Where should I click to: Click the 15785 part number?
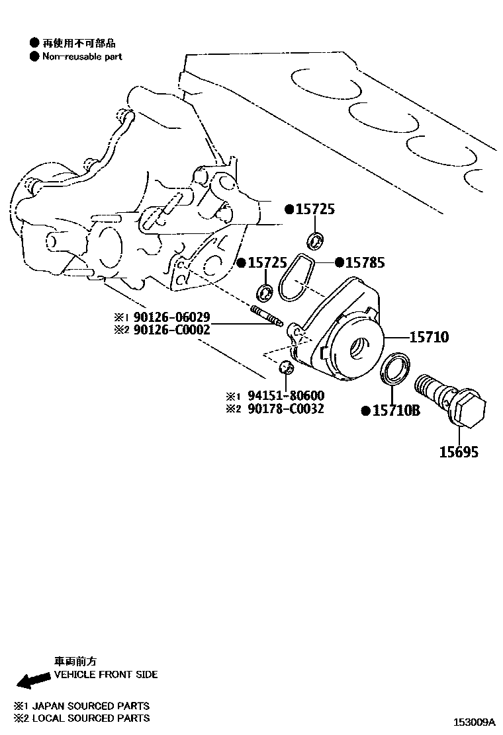click(363, 263)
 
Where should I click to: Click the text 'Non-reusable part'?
click(82, 57)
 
